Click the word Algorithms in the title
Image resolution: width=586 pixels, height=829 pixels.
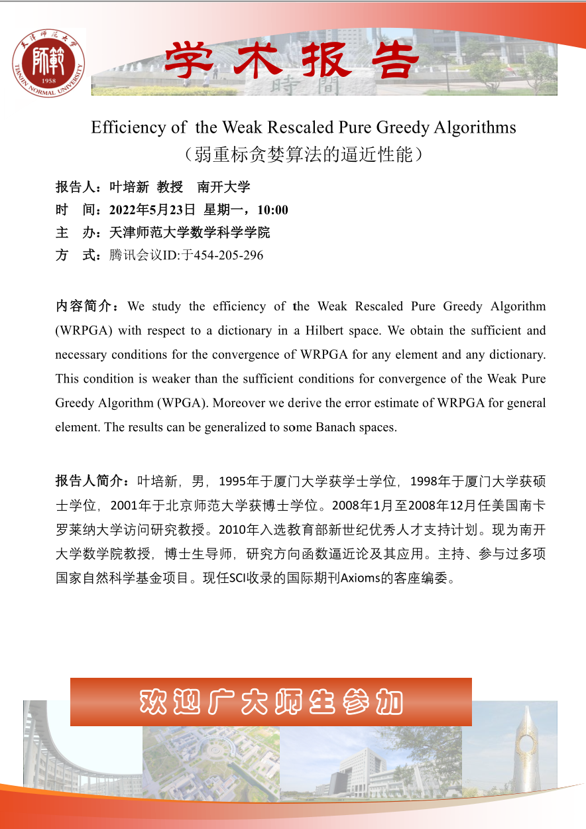(474, 127)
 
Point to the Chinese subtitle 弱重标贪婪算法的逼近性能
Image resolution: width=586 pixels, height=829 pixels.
(304, 155)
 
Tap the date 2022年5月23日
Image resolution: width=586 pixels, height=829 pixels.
(152, 210)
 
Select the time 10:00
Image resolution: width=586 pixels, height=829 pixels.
(272, 210)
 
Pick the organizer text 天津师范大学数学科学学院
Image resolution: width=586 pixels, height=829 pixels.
(190, 233)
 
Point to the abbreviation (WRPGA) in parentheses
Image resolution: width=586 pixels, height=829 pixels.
(79, 330)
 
